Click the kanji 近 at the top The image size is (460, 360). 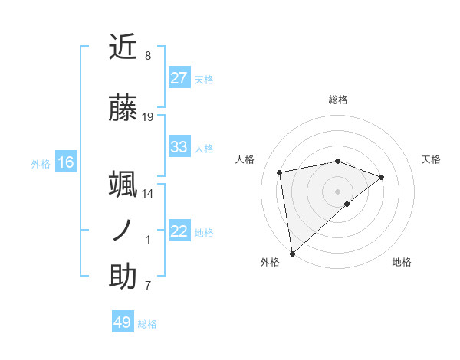123,47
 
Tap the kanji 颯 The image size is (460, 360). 123,185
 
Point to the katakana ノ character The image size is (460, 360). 123,231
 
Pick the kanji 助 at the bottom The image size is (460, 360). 123,277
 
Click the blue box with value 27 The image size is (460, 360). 179,78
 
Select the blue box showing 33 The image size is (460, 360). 179,147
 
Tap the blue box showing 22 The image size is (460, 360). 179,231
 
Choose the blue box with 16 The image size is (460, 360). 66,162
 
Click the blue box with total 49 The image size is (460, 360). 123,322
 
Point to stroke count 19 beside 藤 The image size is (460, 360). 148,117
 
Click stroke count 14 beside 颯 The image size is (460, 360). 148,194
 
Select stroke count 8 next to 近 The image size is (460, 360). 148,56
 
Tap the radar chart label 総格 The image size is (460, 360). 338,100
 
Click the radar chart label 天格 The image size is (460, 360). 431,159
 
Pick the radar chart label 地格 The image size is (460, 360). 402,262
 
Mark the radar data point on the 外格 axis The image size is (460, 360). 291,254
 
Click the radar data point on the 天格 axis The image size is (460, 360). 382,177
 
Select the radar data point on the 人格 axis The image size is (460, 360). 280,172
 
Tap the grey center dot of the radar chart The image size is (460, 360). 337,191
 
